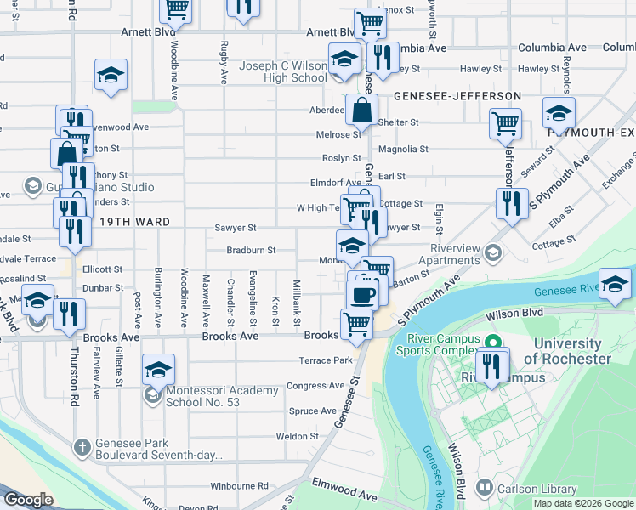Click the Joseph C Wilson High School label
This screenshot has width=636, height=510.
coord(282,71)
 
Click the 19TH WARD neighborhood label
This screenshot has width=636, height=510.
coord(122,222)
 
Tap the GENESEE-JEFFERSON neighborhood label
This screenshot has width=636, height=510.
coord(457,96)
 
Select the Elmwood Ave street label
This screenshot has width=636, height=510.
coord(344,494)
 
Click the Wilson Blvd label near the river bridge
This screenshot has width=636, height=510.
coord(514,314)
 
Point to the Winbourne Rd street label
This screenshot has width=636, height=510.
coord(239,486)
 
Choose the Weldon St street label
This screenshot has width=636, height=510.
coord(297,436)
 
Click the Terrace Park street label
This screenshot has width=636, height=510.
coord(325,360)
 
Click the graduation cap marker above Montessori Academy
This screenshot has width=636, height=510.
coord(158,370)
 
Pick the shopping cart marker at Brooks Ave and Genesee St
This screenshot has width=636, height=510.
coord(356,323)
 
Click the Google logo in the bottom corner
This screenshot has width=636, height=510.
coord(28,500)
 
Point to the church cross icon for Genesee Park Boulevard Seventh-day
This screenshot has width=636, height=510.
coord(82,447)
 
